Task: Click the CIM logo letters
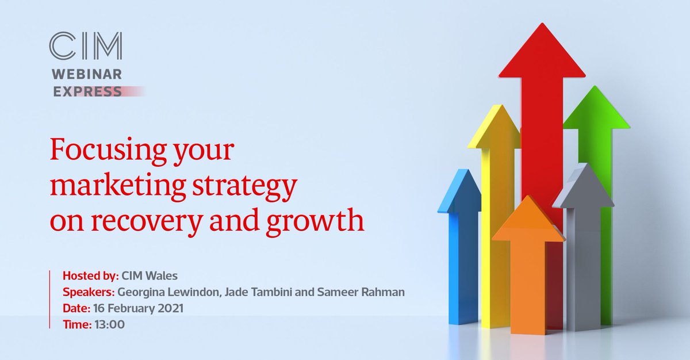point(86,47)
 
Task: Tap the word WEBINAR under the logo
point(86,75)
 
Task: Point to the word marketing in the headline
point(109,186)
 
